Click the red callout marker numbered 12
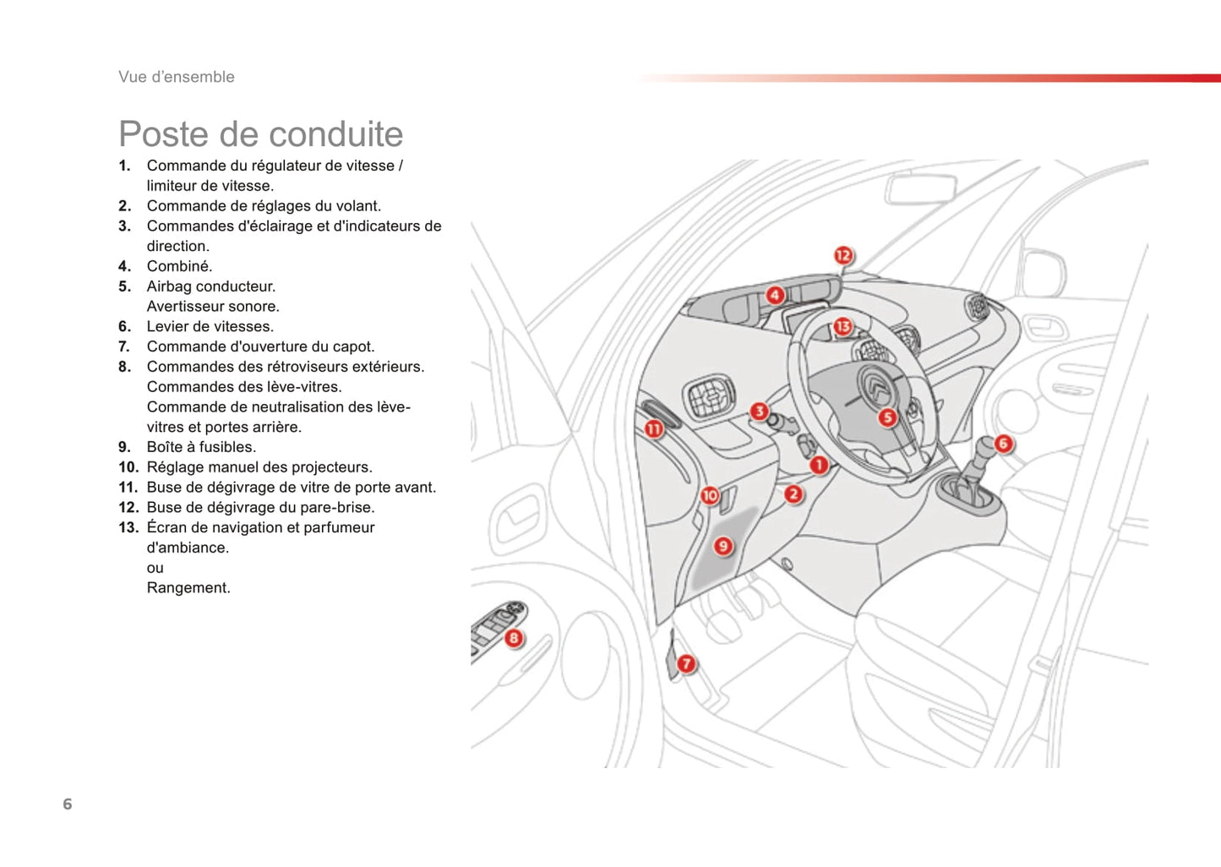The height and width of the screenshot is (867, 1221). click(843, 255)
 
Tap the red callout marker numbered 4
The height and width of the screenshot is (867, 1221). click(775, 295)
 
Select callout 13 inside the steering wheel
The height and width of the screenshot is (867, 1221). click(842, 326)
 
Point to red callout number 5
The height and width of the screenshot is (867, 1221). click(887, 417)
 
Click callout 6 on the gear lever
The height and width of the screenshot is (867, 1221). click(1003, 444)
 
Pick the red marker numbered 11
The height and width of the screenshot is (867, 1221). click(654, 429)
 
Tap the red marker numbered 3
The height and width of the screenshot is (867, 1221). click(760, 412)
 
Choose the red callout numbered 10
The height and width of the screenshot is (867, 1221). click(710, 496)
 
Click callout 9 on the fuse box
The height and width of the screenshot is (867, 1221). click(723, 546)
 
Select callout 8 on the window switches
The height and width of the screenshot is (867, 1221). click(514, 638)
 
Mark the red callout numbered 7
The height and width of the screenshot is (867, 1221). click(686, 664)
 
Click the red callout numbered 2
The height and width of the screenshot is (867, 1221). click(793, 494)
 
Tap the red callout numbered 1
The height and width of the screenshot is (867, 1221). click(818, 465)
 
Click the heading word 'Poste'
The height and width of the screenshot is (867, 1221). click(163, 134)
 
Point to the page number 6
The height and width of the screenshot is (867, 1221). click(68, 804)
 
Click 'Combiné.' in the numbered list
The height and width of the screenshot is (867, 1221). click(179, 266)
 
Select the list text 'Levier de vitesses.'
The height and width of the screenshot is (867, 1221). click(210, 326)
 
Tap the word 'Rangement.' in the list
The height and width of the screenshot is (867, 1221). click(188, 587)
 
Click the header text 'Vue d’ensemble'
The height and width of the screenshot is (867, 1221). click(177, 77)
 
